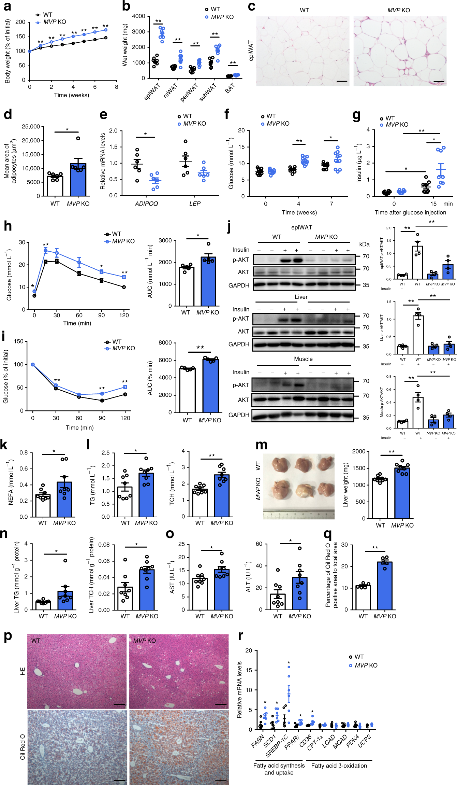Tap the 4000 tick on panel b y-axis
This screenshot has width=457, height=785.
138,16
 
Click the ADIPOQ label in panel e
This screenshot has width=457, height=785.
146,204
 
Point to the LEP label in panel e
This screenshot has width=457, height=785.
195,204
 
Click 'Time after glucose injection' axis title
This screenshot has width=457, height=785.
410,212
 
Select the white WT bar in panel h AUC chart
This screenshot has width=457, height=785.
186,287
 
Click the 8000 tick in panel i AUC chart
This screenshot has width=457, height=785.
165,342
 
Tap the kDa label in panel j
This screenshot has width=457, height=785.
364,244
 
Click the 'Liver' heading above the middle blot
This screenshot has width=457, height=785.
301,297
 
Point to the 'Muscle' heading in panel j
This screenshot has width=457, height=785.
303,359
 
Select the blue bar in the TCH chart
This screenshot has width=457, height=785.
222,495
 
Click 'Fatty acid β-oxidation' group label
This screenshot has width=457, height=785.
339,766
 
